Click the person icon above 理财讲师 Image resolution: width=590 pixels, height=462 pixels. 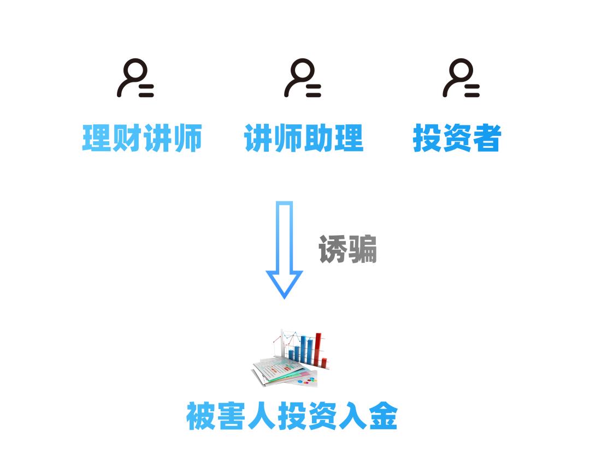(x=135, y=78)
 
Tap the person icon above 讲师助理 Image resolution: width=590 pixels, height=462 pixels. (x=302, y=78)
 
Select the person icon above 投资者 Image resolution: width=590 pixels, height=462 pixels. (x=461, y=78)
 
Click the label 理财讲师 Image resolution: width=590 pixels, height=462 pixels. (x=142, y=138)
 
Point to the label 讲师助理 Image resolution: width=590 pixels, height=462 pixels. (x=304, y=138)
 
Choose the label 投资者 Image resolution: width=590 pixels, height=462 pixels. (x=457, y=138)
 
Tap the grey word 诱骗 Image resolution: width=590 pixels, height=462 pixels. (x=347, y=250)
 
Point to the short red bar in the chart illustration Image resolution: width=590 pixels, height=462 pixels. (x=324, y=362)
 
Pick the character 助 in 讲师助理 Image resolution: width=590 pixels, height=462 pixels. (x=318, y=138)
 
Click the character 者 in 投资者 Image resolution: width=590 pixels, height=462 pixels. (x=486, y=138)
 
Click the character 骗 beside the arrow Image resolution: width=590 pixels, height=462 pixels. (x=362, y=250)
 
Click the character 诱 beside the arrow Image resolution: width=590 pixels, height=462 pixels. (x=333, y=250)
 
